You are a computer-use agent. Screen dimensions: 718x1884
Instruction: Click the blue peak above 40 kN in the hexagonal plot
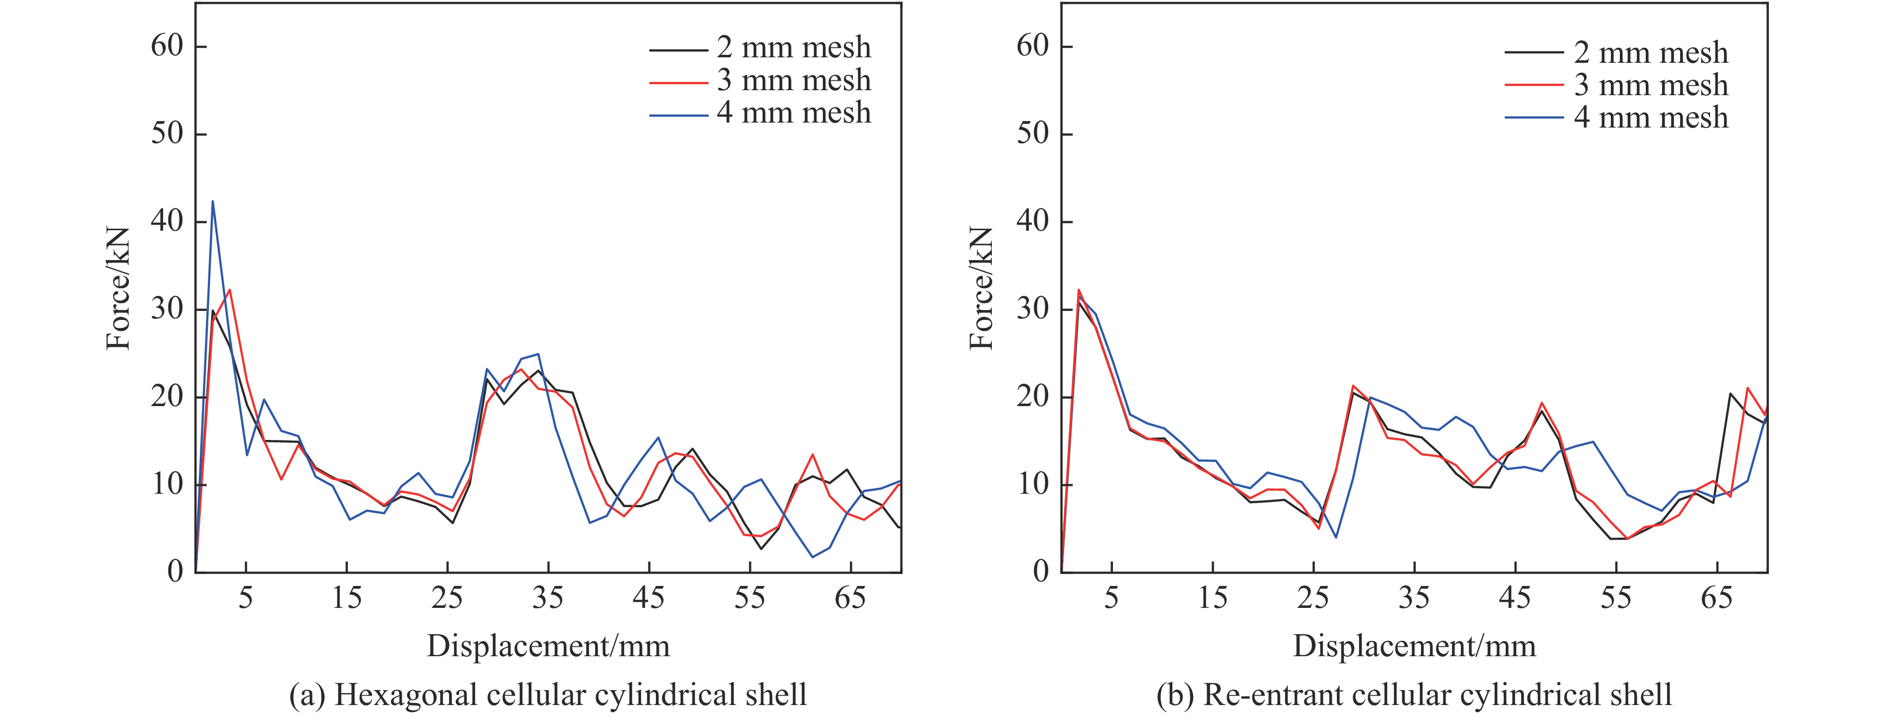point(213,202)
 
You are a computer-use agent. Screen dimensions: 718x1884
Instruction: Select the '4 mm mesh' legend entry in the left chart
point(793,113)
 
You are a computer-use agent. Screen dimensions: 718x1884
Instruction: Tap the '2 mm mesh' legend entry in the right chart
point(1651,53)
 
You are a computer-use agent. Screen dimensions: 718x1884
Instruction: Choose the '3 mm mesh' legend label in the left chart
point(793,80)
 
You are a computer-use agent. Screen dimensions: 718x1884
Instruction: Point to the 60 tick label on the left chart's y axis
point(167,46)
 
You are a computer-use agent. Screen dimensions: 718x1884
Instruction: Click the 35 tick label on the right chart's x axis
point(1413,598)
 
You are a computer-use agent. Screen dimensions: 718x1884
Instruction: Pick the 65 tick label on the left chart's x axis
point(850,598)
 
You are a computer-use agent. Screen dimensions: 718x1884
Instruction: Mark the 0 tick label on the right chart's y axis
point(1040,572)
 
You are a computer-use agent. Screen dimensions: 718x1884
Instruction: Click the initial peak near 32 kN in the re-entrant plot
point(1079,290)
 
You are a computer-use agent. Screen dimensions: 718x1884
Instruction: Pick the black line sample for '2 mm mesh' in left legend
point(678,50)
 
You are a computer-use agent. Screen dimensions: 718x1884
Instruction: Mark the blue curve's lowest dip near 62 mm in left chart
point(812,557)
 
